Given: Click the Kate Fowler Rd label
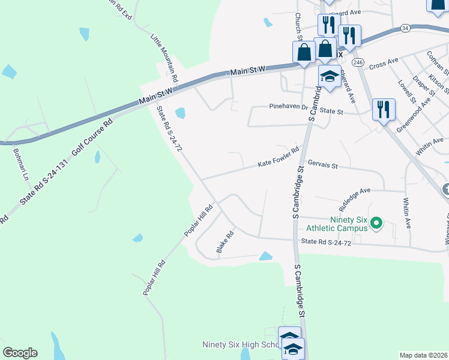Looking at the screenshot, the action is (x=279, y=157).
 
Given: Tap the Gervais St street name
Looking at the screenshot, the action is (x=323, y=164).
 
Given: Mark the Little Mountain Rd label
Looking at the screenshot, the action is (x=164, y=58).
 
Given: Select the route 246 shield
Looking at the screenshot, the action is (x=358, y=62).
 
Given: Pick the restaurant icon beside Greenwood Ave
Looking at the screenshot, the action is (x=383, y=109).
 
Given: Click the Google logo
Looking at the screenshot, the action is (x=20, y=353).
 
